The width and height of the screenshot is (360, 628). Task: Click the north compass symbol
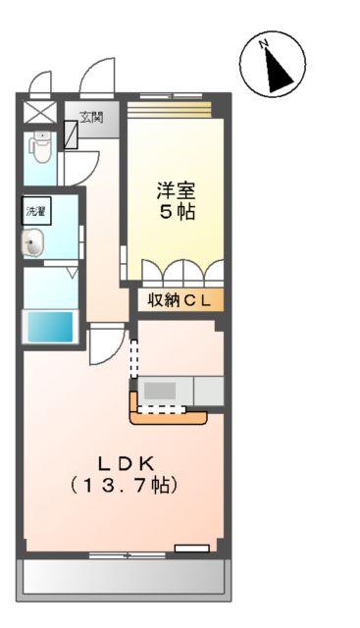[x=272, y=64]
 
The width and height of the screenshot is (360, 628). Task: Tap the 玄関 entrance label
[x=91, y=118]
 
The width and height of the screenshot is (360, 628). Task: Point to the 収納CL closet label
[x=180, y=301]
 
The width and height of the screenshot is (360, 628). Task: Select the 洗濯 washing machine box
[x=36, y=209]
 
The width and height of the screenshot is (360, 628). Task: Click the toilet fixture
[x=39, y=147]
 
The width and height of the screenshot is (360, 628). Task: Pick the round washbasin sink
[x=34, y=244]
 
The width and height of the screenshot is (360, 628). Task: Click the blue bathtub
[x=49, y=325]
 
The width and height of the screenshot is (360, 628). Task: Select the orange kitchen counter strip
[x=169, y=416]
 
